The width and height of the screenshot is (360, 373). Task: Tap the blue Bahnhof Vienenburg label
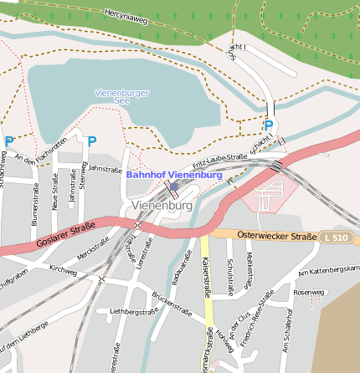(174, 175)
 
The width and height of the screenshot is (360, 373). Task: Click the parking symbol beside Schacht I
(269, 125)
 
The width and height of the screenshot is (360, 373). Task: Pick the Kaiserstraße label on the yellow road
(206, 276)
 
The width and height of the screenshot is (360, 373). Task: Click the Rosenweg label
(308, 292)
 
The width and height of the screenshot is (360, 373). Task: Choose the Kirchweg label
(63, 270)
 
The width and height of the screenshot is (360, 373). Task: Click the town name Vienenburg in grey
(162, 205)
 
